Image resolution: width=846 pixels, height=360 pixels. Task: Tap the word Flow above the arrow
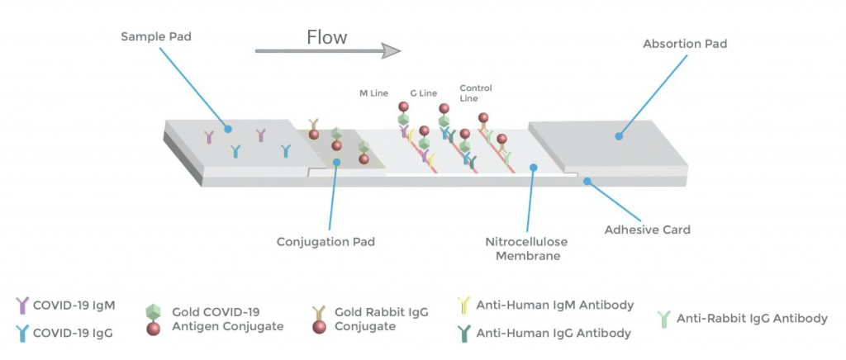[x=327, y=36]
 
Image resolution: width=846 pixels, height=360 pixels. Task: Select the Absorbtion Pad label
[x=685, y=43]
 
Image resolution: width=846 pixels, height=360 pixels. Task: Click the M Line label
[x=373, y=93]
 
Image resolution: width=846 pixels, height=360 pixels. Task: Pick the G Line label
[x=423, y=93]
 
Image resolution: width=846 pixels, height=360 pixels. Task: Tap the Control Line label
[x=475, y=92]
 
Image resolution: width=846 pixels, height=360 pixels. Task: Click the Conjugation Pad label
[x=326, y=242]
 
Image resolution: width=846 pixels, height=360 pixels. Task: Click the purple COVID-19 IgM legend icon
[x=22, y=306]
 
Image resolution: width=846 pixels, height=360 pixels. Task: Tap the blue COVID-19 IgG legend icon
[x=22, y=333]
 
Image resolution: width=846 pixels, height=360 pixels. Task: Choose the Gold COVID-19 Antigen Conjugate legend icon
[x=153, y=320]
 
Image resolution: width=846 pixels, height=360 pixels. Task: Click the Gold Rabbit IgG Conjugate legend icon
[x=317, y=320]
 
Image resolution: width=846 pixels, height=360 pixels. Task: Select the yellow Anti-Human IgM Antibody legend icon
[x=463, y=306]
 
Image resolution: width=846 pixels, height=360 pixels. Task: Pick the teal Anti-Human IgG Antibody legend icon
[x=463, y=333]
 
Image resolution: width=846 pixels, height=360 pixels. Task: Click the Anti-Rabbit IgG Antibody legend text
[x=752, y=319]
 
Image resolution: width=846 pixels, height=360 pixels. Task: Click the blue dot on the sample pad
[x=229, y=130]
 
